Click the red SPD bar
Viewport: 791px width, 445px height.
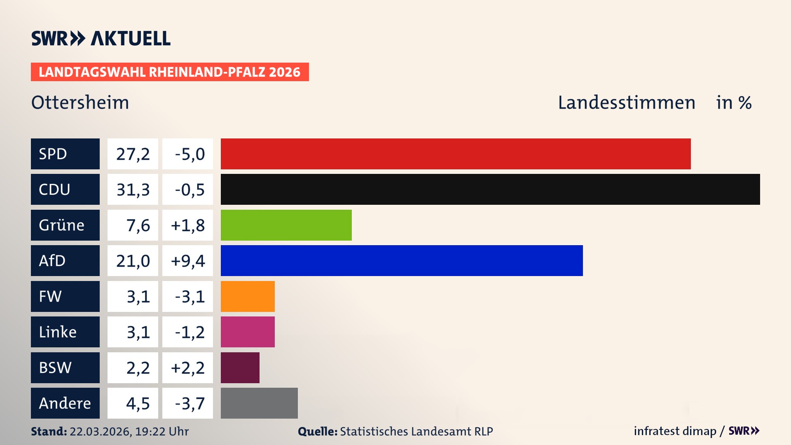pyautogui.click(x=456, y=154)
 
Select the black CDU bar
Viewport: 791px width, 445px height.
pyautogui.click(x=490, y=189)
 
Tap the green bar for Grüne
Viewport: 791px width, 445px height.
pyautogui.click(x=286, y=225)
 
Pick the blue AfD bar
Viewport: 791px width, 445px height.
pyautogui.click(x=402, y=260)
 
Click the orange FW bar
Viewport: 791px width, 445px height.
pyautogui.click(x=248, y=296)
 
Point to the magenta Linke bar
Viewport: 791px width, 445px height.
pyautogui.click(x=248, y=332)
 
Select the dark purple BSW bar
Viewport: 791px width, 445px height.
pyautogui.click(x=240, y=368)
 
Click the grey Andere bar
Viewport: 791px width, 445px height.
pyautogui.click(x=259, y=403)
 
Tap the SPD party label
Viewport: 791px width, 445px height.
pyautogui.click(x=65, y=154)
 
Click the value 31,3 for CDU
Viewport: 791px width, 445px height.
pyautogui.click(x=133, y=190)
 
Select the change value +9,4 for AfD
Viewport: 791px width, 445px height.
pyautogui.click(x=187, y=261)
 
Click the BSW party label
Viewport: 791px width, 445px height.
pyautogui.click(x=65, y=368)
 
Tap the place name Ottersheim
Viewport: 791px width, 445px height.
pyautogui.click(x=80, y=103)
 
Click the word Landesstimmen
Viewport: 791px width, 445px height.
pyautogui.click(x=626, y=103)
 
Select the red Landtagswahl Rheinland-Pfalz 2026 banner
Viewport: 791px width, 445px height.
pyautogui.click(x=170, y=72)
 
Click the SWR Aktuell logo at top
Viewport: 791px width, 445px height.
pyautogui.click(x=101, y=38)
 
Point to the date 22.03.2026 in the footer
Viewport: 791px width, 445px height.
pyautogui.click(x=100, y=431)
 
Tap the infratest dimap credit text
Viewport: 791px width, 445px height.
pyautogui.click(x=675, y=431)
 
